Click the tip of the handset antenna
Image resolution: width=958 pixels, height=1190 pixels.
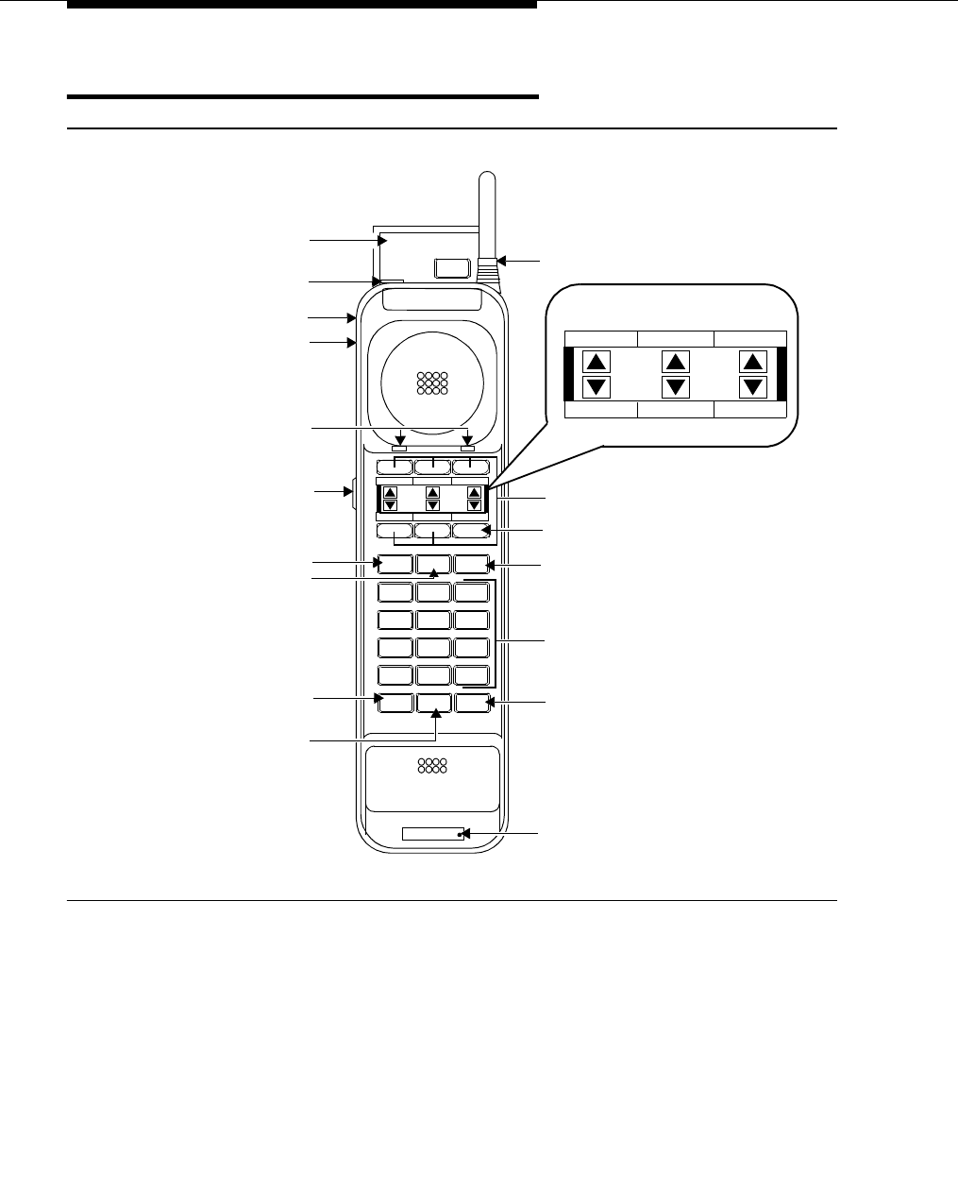coord(488,176)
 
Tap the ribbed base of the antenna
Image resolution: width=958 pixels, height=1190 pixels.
coord(488,268)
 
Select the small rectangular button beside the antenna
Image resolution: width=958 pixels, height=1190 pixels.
coord(451,267)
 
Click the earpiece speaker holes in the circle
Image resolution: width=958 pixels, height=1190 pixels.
coord(432,382)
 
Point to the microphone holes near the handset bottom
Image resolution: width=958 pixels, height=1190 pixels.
coord(431,765)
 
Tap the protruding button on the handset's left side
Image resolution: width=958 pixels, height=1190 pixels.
coord(352,491)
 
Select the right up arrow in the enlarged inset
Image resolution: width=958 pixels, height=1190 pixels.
coord(753,362)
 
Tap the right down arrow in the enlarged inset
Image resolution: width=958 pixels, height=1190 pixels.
coord(753,386)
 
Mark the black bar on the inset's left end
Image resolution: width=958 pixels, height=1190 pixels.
coord(568,374)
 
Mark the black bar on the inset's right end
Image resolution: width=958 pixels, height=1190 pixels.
coord(782,374)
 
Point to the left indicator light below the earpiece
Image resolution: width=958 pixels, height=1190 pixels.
coord(399,447)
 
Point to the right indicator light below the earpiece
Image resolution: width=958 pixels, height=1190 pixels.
coord(467,447)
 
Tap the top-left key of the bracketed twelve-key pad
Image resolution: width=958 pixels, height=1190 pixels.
coord(395,593)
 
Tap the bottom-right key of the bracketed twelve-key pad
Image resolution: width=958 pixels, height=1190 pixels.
coord(471,676)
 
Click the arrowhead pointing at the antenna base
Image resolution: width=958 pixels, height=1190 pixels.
coord(502,260)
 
